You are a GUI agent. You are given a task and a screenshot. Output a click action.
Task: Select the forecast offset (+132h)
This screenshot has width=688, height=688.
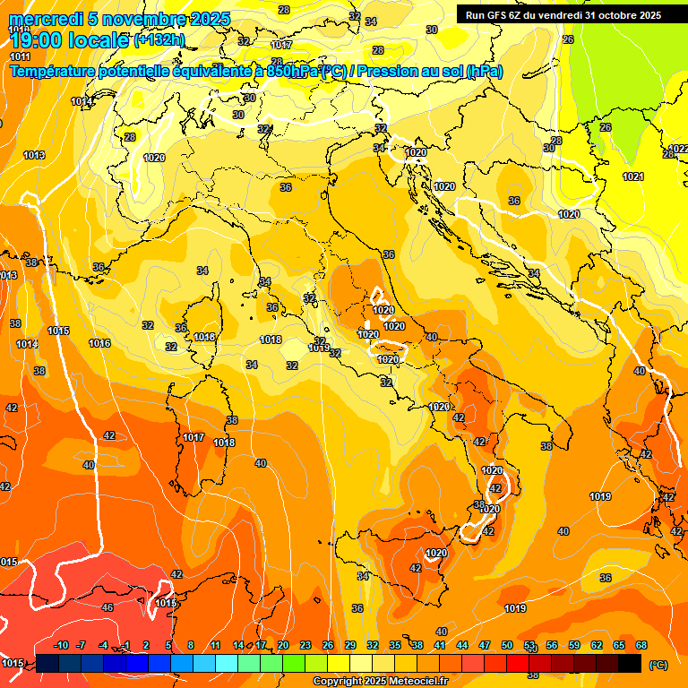pos(159,40)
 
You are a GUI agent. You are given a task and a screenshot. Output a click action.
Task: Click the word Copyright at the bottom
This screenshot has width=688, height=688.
pos(338,681)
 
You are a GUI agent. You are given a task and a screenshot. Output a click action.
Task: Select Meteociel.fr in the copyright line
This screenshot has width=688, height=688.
pos(416,681)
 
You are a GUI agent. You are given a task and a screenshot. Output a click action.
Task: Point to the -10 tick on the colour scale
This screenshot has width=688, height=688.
pos(61,646)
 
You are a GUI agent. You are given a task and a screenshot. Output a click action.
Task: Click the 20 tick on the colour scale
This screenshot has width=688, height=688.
pos(283,646)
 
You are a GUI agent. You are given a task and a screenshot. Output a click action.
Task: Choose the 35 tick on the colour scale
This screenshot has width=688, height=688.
pos(395,646)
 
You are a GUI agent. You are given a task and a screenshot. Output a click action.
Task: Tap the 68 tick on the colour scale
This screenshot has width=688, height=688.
pos(641,646)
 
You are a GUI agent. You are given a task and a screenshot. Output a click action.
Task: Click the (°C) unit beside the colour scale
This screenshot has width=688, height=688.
pos(658,665)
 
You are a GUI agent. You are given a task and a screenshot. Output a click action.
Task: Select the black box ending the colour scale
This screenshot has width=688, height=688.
pos(630,664)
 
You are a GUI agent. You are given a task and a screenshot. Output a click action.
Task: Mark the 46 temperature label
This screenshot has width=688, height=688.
pos(107,607)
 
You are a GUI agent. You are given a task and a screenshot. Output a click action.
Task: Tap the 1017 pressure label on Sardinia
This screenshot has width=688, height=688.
pos(193,437)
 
